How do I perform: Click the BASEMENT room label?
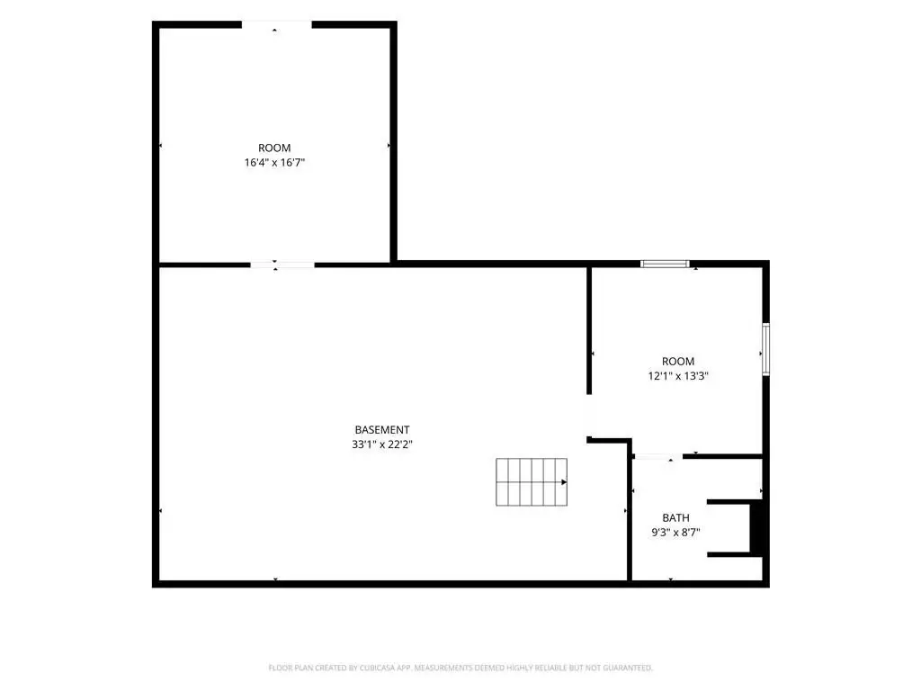click(x=381, y=429)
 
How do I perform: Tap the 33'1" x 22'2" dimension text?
click(x=381, y=444)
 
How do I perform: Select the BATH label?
click(x=675, y=517)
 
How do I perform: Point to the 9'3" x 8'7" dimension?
click(x=675, y=533)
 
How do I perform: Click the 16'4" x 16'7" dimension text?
click(x=274, y=162)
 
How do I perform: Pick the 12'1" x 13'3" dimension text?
click(x=678, y=375)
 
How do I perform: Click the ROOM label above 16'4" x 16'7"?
click(x=274, y=148)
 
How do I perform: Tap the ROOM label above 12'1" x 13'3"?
click(x=678, y=361)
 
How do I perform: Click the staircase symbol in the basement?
click(x=532, y=482)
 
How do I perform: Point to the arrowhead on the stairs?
click(x=564, y=482)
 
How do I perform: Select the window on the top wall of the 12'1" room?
click(x=665, y=264)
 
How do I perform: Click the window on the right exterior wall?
click(x=765, y=349)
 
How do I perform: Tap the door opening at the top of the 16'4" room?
click(x=276, y=24)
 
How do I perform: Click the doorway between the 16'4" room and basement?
click(x=282, y=265)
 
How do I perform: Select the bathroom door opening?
click(x=658, y=456)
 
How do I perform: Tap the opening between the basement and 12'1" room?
click(x=589, y=416)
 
